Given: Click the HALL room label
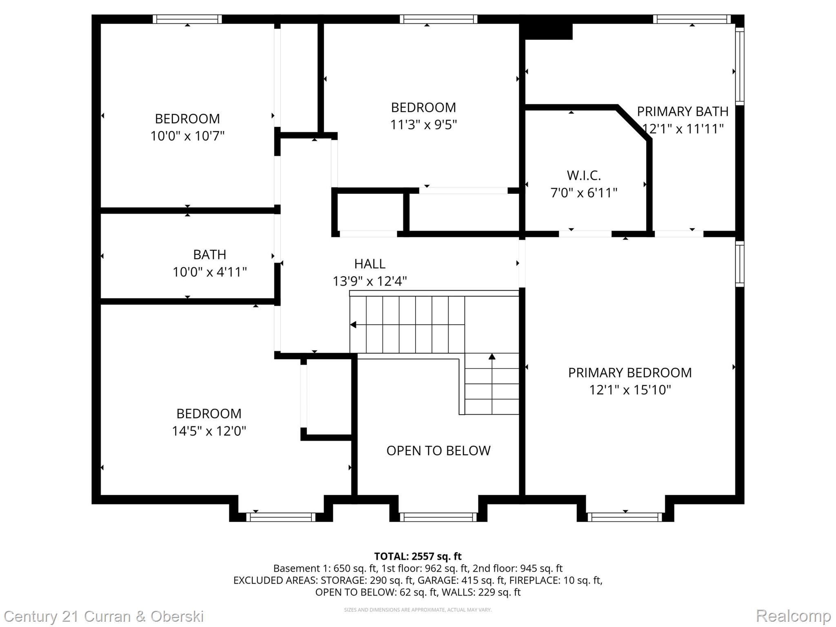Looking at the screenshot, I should point(369,264).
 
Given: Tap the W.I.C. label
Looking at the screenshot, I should point(584,176).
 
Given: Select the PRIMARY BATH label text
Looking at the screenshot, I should point(683,111).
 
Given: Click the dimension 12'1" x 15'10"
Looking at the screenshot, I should point(630,390).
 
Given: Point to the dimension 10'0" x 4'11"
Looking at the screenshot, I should point(210,272).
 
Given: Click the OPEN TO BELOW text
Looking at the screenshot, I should point(438,451).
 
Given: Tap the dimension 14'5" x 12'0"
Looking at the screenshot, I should point(209,431).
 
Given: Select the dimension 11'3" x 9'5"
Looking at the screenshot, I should point(423,125).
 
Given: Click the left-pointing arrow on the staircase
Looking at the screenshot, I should point(354,325).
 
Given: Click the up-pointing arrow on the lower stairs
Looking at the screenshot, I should point(492,357).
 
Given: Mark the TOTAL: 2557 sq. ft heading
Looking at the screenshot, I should point(418,556).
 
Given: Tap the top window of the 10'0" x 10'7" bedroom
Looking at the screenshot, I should point(187,19).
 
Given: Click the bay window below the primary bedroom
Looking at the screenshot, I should point(625,517).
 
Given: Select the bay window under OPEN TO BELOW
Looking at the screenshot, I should point(438,517).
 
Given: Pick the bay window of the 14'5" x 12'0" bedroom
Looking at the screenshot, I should point(281,517).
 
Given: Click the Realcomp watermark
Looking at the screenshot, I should point(793,616).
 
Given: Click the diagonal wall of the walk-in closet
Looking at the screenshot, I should point(633,123).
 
